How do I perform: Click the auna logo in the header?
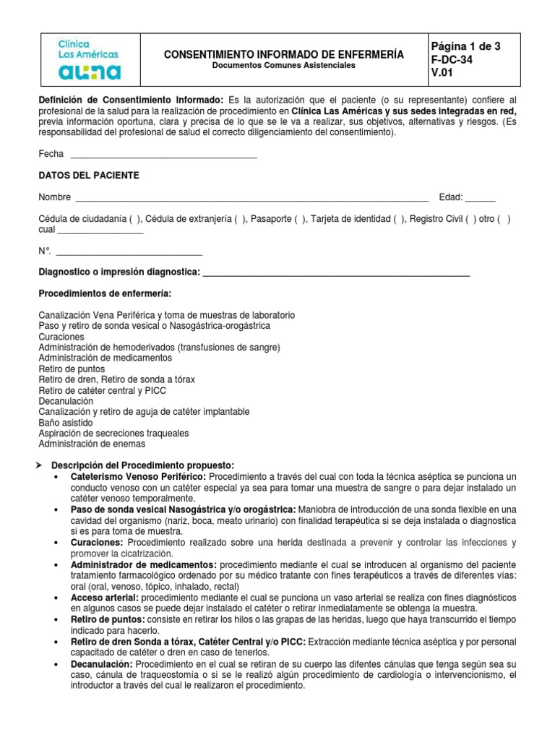point(90,72)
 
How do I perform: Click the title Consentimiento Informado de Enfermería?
point(284,54)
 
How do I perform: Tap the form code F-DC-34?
point(452,60)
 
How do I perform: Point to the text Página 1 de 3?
point(465,46)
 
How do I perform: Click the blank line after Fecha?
point(163,155)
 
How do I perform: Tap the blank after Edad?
point(481,198)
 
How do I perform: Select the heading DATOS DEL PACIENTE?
point(89,176)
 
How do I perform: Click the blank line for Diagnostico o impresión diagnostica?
point(336,272)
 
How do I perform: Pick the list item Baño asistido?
point(69,422)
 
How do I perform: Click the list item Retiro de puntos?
point(72,369)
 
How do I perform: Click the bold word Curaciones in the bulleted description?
point(96,543)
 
